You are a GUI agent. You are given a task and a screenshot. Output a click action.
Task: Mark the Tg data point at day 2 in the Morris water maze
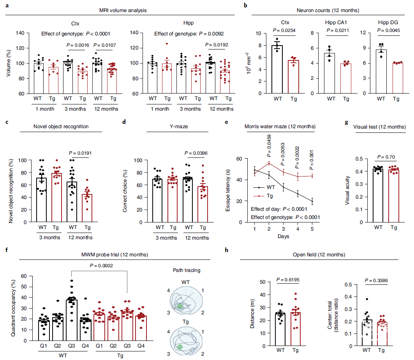[269, 163]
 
